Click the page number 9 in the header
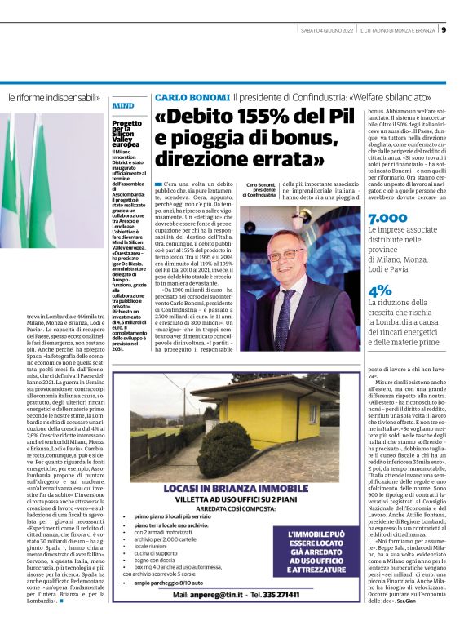point(466,30)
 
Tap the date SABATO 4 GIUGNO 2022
point(327,31)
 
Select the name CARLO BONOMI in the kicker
point(191,97)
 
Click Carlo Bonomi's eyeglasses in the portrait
point(290,254)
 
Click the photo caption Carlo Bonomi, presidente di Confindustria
point(261,190)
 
